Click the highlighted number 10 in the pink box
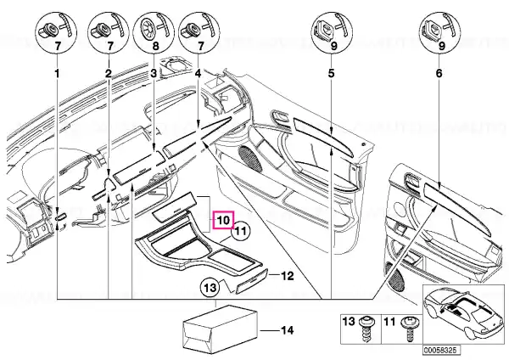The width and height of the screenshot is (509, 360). click(x=224, y=220)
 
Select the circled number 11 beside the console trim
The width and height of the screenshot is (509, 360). click(x=241, y=231)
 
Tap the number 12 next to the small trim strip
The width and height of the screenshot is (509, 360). click(x=287, y=276)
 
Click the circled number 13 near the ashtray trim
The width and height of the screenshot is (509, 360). click(x=210, y=287)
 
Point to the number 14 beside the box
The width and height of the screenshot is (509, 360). click(x=288, y=330)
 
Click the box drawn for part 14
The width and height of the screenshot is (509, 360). click(x=221, y=329)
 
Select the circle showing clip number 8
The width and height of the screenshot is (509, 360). click(x=154, y=33)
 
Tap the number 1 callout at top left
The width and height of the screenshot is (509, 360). click(x=57, y=74)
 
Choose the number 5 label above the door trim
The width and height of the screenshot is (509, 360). click(x=331, y=73)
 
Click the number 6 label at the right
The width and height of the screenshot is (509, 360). click(x=439, y=73)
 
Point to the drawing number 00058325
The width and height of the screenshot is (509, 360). click(x=441, y=351)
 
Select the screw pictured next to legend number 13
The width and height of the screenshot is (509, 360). click(x=366, y=329)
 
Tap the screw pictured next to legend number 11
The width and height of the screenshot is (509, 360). click(x=408, y=328)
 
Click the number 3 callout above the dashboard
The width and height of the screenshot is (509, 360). click(x=154, y=73)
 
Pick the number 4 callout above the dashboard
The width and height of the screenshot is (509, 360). click(x=198, y=73)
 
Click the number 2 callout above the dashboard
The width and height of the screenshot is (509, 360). click(x=109, y=73)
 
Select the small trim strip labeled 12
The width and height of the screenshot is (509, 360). click(x=251, y=281)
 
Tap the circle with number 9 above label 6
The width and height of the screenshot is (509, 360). click(x=440, y=33)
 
